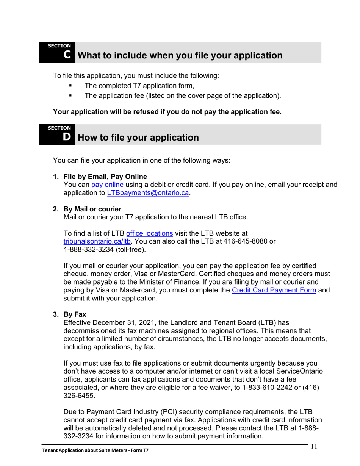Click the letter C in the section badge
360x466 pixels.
point(67,55)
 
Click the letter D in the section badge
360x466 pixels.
point(67,137)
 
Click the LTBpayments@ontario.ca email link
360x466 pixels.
point(148,193)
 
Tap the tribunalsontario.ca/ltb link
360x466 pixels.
point(97,241)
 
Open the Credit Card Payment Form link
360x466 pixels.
point(274,290)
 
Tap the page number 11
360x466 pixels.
point(314,446)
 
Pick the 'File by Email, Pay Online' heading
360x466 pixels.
point(105,177)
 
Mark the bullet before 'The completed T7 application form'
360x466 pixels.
point(70,86)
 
